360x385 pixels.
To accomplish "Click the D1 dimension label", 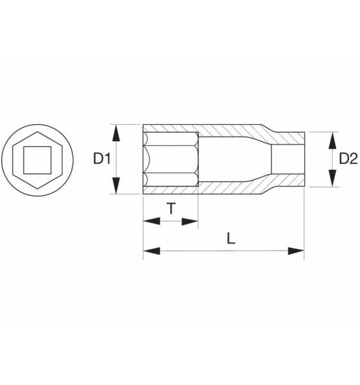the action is (102, 159).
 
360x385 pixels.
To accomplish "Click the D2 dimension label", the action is (348, 159).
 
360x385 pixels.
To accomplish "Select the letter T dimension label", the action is (171, 209).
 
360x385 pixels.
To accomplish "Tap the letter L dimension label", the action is (231, 238).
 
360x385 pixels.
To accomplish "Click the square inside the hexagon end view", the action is (37, 160).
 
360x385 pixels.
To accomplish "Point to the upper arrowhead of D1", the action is (116, 133).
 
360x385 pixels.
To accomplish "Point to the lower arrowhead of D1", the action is (116, 185).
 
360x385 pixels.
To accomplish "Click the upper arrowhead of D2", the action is (332, 140).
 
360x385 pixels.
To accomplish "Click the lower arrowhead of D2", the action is (332, 178).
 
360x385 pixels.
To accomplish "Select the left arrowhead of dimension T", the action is (151, 220).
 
